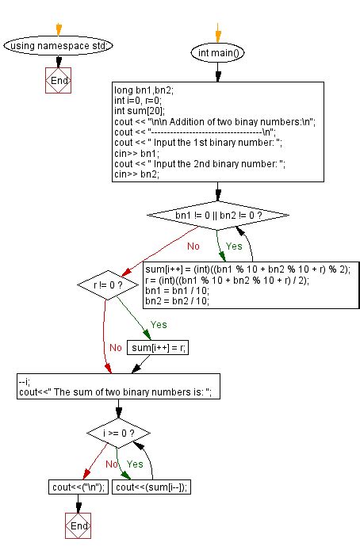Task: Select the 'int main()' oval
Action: [x=217, y=53]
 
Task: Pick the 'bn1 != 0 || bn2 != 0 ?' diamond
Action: [x=217, y=216]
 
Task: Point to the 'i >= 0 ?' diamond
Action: [x=118, y=434]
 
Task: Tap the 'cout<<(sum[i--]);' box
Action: [x=155, y=487]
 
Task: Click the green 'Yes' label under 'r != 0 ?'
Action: [x=158, y=325]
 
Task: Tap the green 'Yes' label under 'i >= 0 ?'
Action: [x=136, y=464]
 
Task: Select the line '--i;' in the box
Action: [x=25, y=381]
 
